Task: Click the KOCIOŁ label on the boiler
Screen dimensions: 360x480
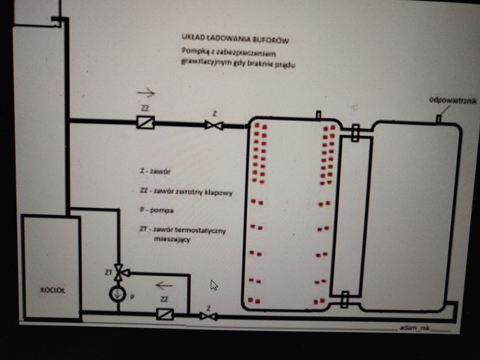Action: pos(51,291)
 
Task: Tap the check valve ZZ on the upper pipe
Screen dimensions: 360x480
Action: pos(145,122)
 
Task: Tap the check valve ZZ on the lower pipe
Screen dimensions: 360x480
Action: pos(165,314)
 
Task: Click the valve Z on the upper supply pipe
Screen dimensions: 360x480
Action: pos(214,125)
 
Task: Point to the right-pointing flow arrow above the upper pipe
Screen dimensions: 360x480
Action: pos(146,93)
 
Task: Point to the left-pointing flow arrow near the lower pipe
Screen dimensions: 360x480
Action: pos(164,286)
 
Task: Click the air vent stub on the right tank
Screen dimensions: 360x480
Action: pos(438,119)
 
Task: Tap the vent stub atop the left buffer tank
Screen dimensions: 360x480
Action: pos(318,116)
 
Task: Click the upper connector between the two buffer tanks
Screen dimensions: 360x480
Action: pos(355,132)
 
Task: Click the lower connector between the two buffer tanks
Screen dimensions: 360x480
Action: pos(344,300)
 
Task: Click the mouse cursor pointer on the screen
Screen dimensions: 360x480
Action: pos(214,285)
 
